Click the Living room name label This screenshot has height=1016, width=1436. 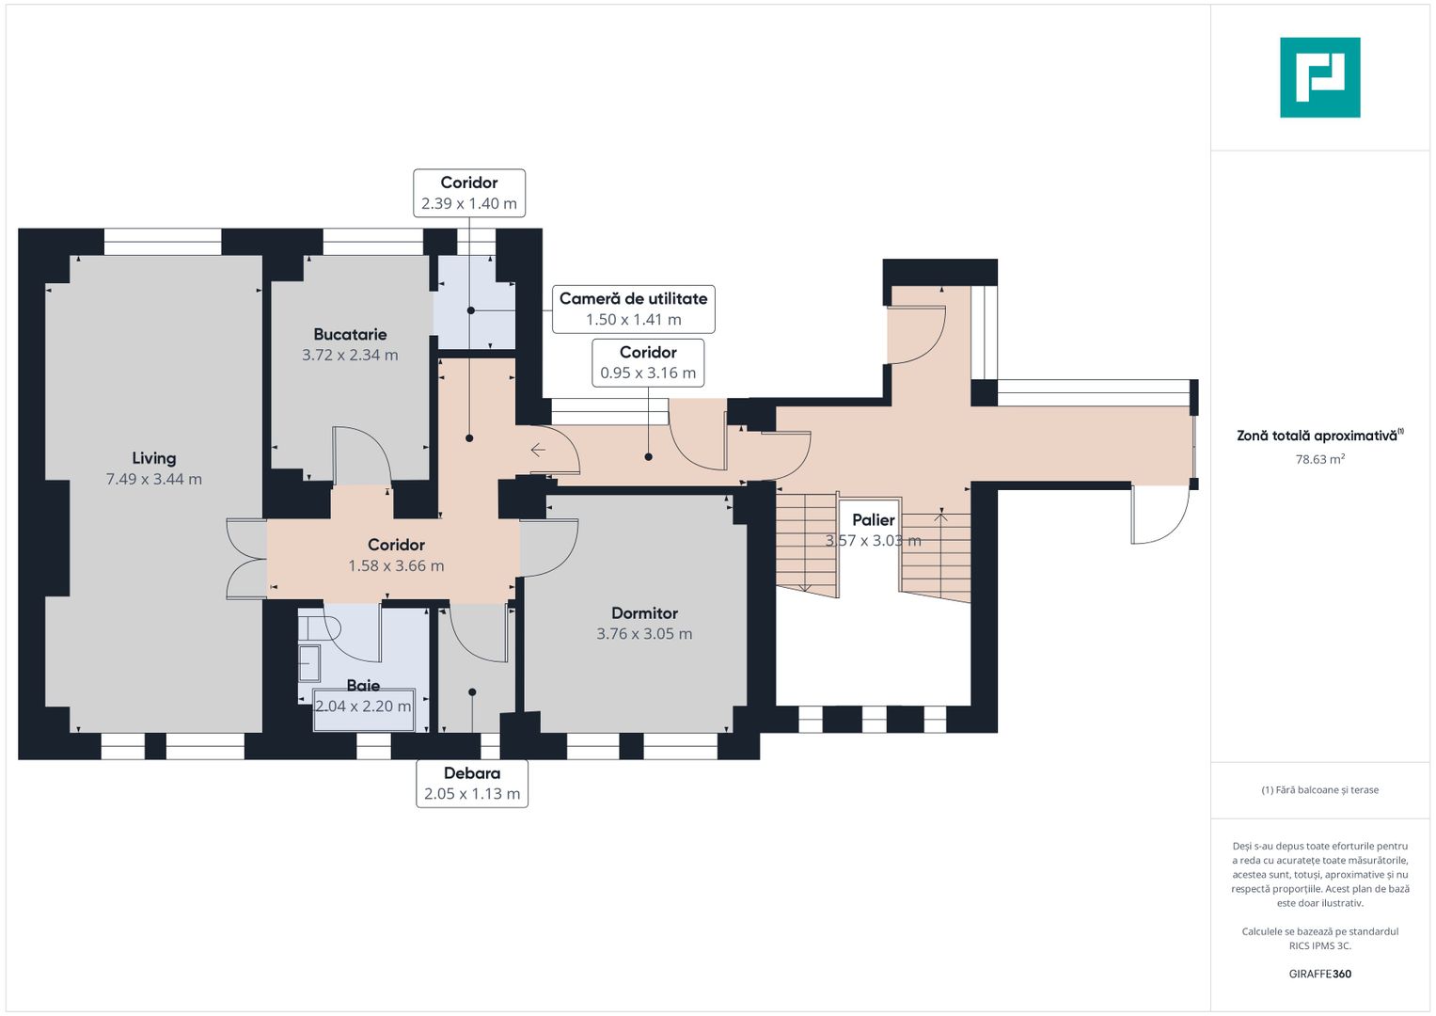tap(154, 458)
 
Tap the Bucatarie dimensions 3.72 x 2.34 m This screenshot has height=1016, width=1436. tap(350, 355)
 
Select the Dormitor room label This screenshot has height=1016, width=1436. tap(644, 613)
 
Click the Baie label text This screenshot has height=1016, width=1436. tap(363, 685)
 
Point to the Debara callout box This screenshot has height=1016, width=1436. tap(472, 783)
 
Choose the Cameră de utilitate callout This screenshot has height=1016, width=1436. tap(634, 310)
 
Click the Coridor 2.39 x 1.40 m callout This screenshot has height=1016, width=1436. tap(469, 193)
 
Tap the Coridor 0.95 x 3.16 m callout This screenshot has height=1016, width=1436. tap(648, 363)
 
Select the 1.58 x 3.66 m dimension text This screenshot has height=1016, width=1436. tap(396, 565)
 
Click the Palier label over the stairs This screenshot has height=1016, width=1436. tap(873, 519)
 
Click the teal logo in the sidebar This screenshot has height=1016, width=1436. tap(1320, 77)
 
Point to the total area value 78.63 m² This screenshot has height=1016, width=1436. tap(1320, 459)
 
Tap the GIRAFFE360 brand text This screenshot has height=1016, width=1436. tap(1320, 974)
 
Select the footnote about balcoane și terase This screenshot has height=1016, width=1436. tap(1320, 790)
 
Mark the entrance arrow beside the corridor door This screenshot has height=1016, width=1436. tap(538, 451)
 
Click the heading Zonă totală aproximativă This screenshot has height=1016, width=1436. tap(1320, 436)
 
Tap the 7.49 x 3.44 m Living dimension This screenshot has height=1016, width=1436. tap(154, 479)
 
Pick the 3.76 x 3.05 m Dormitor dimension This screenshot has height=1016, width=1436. tap(644, 634)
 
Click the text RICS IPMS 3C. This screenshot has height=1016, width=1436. tap(1320, 945)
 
